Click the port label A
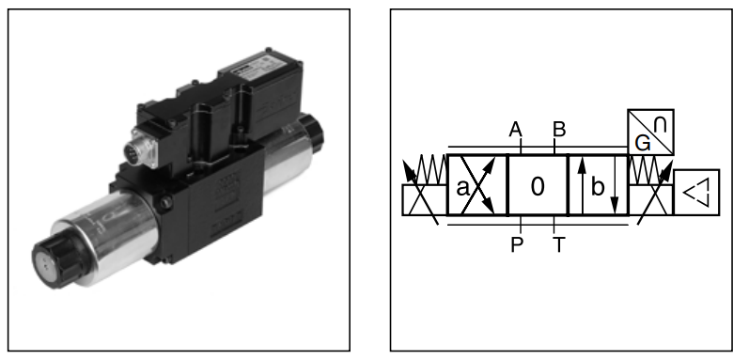point(515,130)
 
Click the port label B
point(559,130)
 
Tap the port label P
point(517,244)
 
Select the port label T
point(558,244)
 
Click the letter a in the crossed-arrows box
point(462,188)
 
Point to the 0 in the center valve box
point(538,186)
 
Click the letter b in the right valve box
point(598,187)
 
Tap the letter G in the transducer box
point(643,143)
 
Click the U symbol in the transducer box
point(660,124)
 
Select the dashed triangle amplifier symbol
point(696,193)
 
